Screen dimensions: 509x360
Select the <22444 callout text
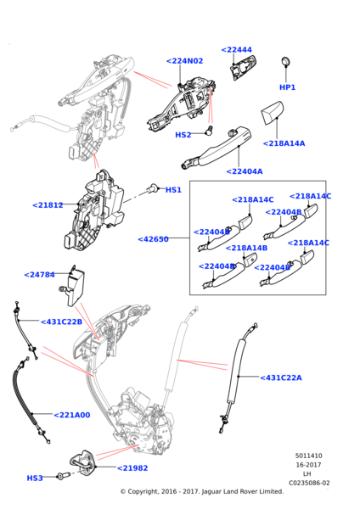(236, 50)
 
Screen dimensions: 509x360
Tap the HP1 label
(287, 87)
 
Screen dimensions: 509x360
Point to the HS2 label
(183, 135)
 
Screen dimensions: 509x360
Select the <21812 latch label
(48, 205)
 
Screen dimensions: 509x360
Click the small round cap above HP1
(286, 61)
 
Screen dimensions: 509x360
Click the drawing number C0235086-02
(309, 483)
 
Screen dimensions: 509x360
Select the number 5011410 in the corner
(308, 456)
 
